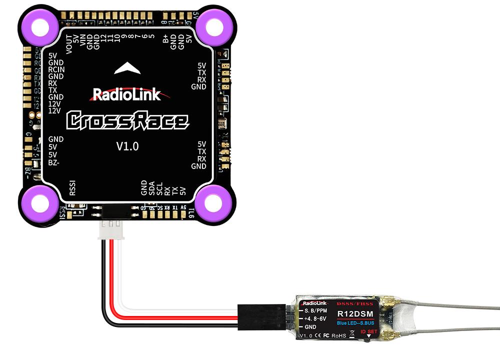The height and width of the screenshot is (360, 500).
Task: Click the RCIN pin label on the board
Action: (56, 69)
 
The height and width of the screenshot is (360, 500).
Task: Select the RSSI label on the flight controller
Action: (72, 188)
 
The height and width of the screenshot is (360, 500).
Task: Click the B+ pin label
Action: (166, 38)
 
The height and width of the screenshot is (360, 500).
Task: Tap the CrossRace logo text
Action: (127, 120)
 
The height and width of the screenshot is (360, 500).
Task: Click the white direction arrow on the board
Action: (127, 68)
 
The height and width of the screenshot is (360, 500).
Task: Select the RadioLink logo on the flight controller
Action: (127, 94)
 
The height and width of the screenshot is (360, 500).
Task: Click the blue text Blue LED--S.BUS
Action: (354, 322)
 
